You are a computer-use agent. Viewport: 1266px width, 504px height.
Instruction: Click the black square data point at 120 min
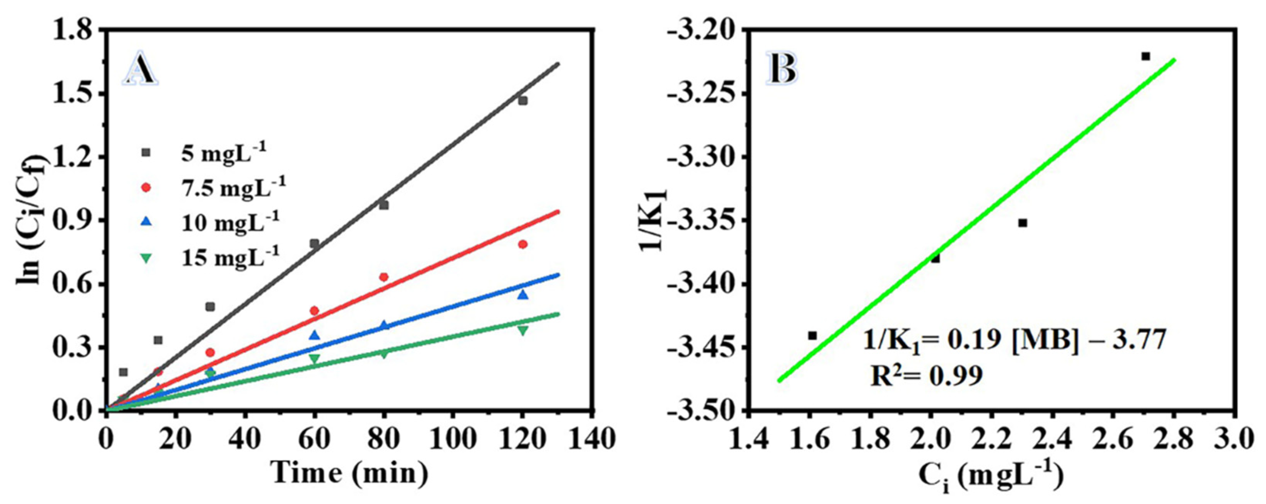[x=522, y=101]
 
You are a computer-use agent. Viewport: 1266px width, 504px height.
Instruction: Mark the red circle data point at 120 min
[x=522, y=244]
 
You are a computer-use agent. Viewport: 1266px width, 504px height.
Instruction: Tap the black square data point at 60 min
[x=315, y=243]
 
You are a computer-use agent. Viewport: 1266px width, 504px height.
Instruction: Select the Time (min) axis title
[x=350, y=474]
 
